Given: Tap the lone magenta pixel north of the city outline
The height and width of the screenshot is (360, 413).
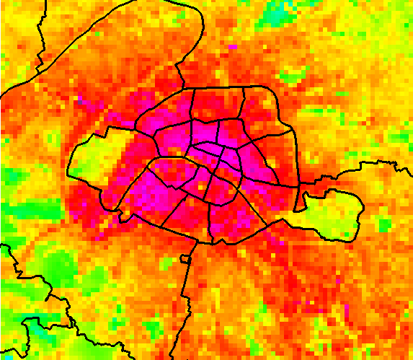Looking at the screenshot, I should point(233,47).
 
